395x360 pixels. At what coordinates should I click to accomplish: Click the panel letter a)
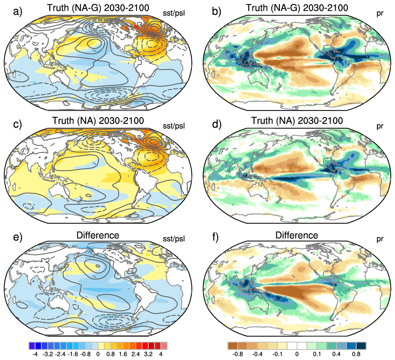(x=18, y=11)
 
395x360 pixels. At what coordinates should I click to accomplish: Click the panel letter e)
(x=18, y=237)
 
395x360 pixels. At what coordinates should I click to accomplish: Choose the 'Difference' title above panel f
(x=297, y=235)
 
